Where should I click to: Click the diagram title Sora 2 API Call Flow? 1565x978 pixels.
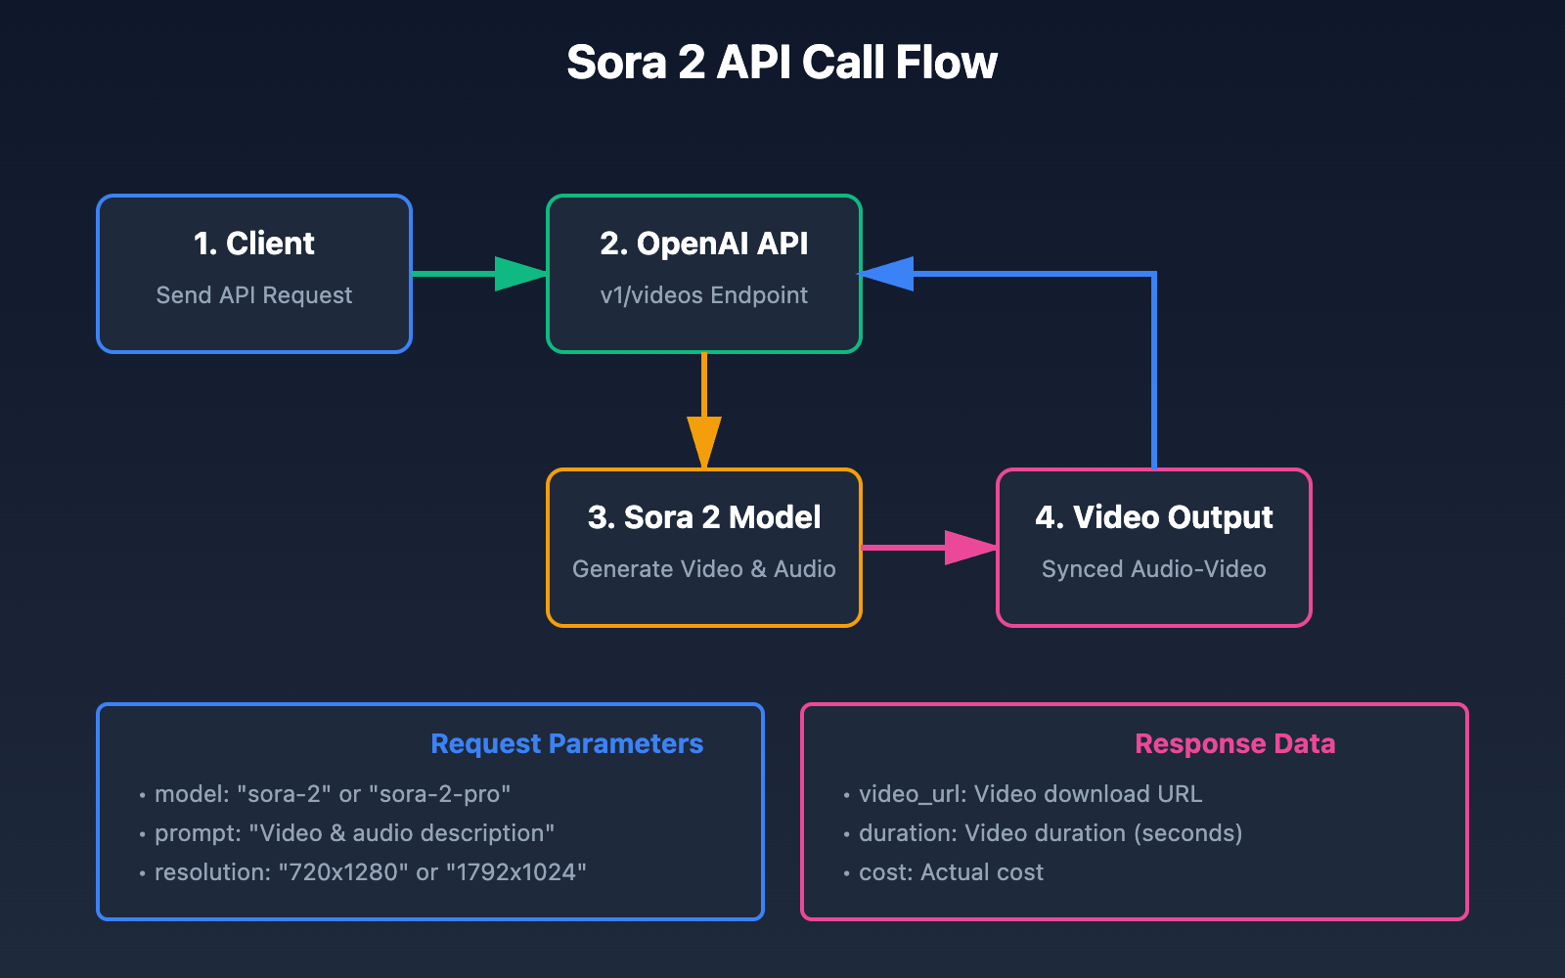782,63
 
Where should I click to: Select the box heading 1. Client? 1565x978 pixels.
254,244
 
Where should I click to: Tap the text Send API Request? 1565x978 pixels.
254,295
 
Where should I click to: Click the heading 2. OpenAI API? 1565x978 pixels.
704,244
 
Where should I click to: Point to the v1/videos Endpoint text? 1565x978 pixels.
704,295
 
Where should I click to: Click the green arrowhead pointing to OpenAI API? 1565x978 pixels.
519,274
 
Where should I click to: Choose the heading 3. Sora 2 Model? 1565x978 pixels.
704,517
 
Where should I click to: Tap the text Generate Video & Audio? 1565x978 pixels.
704,569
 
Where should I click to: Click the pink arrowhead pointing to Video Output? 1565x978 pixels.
969,548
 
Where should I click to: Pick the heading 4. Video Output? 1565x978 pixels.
1154,517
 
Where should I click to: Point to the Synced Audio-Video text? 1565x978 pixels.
1154,569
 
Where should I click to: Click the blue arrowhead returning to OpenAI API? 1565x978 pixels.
888,274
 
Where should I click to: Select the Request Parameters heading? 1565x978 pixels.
566,744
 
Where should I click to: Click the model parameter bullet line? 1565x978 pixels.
333,794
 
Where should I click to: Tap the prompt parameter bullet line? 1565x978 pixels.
354,833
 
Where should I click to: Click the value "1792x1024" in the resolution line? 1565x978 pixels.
515,872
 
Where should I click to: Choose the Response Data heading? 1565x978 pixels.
1234,744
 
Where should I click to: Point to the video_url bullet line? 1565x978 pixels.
1030,794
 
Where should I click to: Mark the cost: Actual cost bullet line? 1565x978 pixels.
951,872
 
